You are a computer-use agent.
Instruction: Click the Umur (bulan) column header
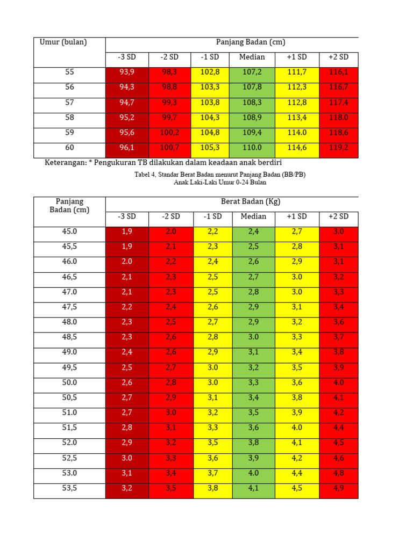click(63, 42)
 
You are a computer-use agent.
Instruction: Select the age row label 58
click(70, 117)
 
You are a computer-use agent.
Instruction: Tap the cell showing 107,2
click(252, 72)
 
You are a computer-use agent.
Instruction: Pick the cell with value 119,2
click(339, 147)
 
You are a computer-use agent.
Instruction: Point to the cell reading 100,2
click(170, 132)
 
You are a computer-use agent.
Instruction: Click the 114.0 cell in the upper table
click(297, 132)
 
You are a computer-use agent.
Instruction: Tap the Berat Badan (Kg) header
click(251, 201)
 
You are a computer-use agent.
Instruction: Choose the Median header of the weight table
click(253, 216)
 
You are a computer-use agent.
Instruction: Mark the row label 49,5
click(70, 367)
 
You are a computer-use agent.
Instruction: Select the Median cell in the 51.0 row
click(253, 412)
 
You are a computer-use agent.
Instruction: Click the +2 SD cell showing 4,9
click(339, 488)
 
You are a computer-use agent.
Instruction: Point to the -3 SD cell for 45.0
click(127, 231)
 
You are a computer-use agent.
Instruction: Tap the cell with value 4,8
click(339, 473)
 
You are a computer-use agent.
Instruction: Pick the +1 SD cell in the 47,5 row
click(297, 307)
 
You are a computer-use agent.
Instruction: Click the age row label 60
click(70, 147)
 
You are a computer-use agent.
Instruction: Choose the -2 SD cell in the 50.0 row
click(170, 382)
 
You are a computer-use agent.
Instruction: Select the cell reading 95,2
click(127, 117)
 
